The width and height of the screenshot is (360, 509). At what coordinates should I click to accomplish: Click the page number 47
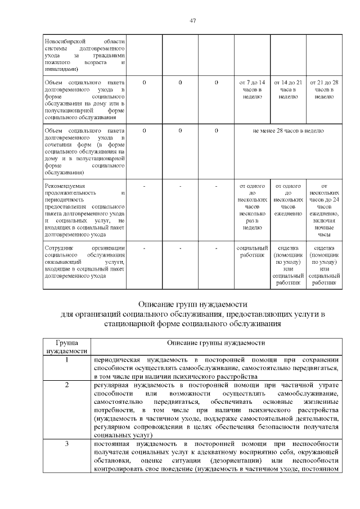point(192,20)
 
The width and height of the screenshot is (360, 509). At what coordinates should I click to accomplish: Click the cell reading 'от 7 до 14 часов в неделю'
point(253,89)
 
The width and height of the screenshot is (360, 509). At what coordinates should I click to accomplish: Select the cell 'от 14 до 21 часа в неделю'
point(288,89)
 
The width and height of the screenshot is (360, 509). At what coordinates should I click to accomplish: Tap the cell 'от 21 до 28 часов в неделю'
point(323,89)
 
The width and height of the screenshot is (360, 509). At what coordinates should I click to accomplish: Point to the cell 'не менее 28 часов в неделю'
point(288,130)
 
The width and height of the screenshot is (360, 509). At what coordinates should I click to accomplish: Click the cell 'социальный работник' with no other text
point(253,251)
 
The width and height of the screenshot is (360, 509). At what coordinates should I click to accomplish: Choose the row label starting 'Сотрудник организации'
point(84,262)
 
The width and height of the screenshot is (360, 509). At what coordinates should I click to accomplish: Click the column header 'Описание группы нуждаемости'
point(215,343)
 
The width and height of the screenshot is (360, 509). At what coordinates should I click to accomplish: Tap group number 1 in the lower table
point(67,360)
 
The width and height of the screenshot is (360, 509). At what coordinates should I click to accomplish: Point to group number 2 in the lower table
point(67,385)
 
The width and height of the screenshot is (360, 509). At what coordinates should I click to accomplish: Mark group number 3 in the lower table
point(67,444)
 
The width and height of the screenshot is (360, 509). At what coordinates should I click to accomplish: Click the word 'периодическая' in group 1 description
point(116,360)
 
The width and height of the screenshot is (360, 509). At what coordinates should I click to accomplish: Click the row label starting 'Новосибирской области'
point(84,56)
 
